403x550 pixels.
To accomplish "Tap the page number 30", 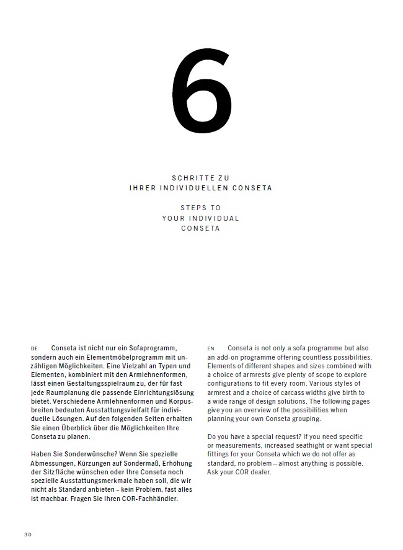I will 27,534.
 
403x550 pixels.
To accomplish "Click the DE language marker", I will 34,348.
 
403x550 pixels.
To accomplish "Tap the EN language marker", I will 211,348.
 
